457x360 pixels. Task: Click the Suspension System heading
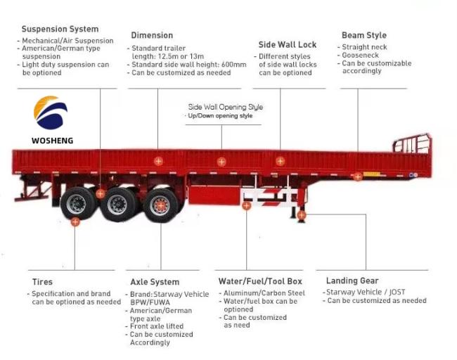tap(60, 29)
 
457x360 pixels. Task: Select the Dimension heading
tap(152, 35)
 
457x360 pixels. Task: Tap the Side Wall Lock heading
tap(288, 44)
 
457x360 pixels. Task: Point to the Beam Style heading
tap(364, 35)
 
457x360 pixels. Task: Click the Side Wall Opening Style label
tap(226, 107)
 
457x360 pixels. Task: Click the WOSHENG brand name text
tap(53, 141)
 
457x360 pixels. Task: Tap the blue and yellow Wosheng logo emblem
tap(51, 112)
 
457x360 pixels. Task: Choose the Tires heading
tap(42, 282)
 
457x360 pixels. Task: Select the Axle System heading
tap(155, 282)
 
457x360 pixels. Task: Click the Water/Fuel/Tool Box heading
tap(260, 281)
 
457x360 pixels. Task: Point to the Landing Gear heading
tap(352, 281)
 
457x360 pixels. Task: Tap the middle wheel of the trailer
tap(117, 205)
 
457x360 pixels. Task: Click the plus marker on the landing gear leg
tap(302, 215)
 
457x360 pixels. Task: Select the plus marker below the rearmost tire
tap(75, 221)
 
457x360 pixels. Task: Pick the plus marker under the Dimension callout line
tap(158, 161)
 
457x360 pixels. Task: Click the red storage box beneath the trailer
tap(215, 194)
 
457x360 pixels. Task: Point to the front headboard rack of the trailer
tap(412, 143)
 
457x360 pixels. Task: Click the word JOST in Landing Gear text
tap(397, 292)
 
